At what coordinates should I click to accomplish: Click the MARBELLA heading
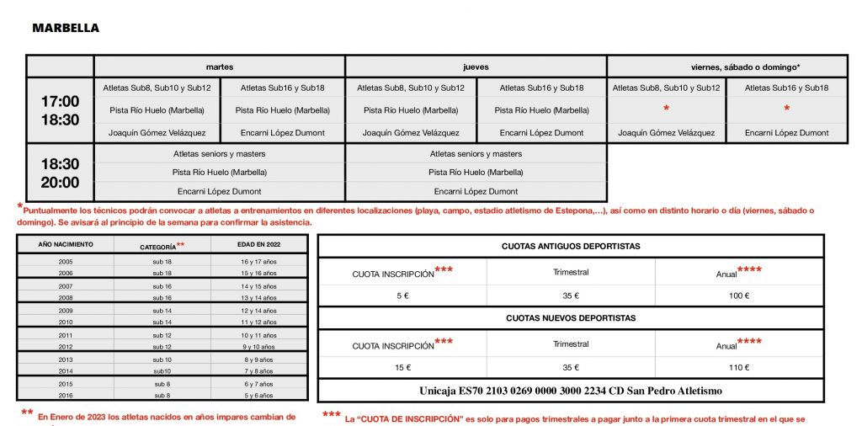(x=66, y=28)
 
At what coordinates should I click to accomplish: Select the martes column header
(x=220, y=67)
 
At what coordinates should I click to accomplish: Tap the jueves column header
(x=476, y=67)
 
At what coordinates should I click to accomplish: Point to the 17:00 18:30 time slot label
(x=61, y=110)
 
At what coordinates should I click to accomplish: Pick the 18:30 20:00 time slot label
(x=61, y=173)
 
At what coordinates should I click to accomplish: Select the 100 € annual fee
(x=739, y=296)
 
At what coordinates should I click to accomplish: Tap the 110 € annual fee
(x=739, y=367)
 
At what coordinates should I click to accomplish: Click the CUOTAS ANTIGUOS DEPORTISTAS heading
(x=571, y=246)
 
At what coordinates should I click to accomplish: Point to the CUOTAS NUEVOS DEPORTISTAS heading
(x=571, y=318)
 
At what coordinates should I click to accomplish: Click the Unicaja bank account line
(x=571, y=391)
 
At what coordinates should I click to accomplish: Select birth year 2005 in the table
(x=66, y=263)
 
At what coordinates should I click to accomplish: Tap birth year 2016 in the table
(x=66, y=395)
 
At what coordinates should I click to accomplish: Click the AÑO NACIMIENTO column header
(x=66, y=245)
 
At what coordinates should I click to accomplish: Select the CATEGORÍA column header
(x=160, y=247)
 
